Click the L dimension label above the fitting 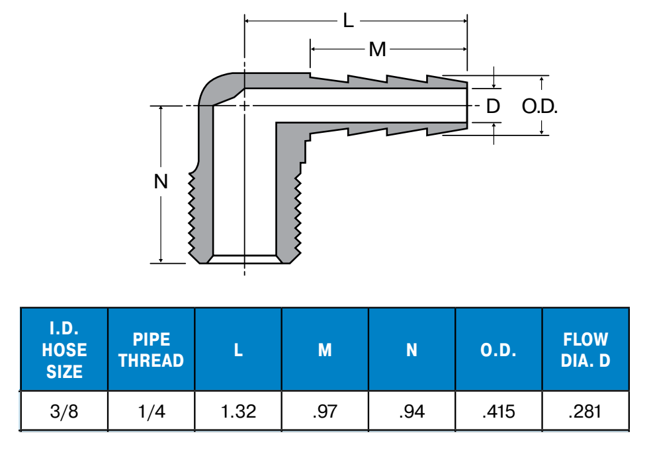tap(349, 20)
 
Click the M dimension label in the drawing tap(377, 50)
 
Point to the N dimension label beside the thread tap(161, 182)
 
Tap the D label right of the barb tap(492, 106)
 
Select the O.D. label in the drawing tap(539, 106)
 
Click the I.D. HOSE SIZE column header tap(64, 350)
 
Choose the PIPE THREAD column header tap(151, 350)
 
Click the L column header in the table tap(238, 350)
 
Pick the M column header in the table tap(325, 350)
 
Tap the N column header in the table tap(412, 350)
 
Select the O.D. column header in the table tap(499, 350)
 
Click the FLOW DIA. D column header tap(586, 350)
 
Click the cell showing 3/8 tap(64, 412)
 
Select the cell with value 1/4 tap(151, 412)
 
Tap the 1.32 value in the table tap(238, 412)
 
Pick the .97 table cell tap(325, 412)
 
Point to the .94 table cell tap(412, 412)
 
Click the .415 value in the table tap(499, 412)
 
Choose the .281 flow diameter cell tap(586, 412)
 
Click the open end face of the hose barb tap(467, 105)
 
